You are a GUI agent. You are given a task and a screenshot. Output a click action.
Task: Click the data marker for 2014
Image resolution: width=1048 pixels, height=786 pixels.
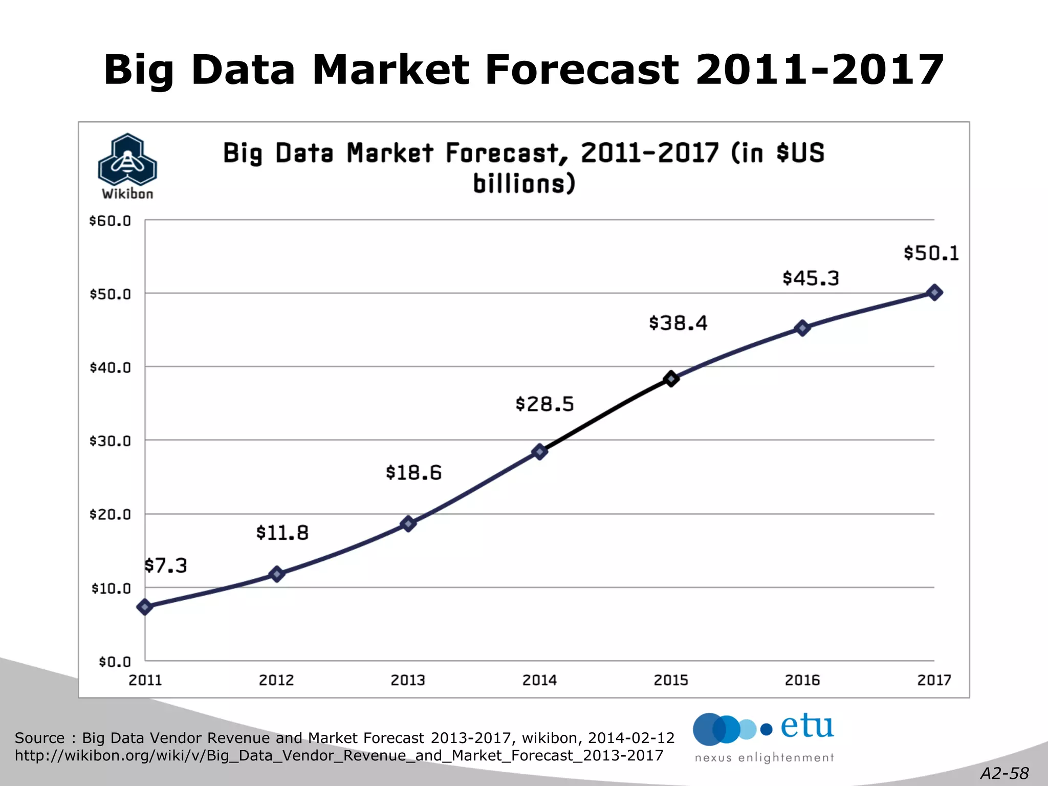(x=539, y=451)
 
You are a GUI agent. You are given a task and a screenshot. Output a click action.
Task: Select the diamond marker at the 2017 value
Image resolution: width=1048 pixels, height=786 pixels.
(x=934, y=293)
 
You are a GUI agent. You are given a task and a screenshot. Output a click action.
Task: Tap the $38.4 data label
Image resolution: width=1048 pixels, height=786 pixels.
(x=678, y=323)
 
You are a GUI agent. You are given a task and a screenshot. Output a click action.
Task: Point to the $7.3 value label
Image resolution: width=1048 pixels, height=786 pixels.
(x=165, y=565)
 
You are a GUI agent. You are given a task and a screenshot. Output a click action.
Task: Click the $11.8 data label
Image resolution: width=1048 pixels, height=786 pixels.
(x=282, y=533)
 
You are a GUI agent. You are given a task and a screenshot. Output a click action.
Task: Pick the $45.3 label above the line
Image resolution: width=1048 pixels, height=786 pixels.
(x=811, y=278)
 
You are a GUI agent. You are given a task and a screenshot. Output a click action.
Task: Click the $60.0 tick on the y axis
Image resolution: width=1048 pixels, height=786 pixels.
(x=110, y=221)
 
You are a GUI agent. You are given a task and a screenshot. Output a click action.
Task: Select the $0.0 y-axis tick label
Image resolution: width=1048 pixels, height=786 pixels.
(x=115, y=662)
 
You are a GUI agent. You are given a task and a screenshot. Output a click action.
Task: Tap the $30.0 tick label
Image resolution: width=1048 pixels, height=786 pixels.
(x=110, y=441)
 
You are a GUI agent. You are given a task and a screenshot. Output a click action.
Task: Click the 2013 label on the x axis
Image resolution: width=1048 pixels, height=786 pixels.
(x=408, y=680)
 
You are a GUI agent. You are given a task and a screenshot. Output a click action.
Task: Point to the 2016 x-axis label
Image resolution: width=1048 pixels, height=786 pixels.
(x=802, y=680)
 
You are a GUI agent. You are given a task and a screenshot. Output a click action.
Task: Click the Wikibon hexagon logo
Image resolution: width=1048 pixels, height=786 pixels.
(x=127, y=160)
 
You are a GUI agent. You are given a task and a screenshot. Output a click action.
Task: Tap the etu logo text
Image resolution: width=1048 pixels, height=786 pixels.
(x=807, y=727)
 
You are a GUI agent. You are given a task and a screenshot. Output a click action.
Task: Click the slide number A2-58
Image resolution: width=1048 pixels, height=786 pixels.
(x=1004, y=773)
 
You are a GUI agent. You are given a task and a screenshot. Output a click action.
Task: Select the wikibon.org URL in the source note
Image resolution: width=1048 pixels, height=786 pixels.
(x=339, y=756)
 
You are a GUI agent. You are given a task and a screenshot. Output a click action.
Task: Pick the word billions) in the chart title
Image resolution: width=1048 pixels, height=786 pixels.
(x=524, y=184)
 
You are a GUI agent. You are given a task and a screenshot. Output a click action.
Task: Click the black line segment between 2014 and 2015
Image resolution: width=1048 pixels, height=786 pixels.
(x=606, y=414)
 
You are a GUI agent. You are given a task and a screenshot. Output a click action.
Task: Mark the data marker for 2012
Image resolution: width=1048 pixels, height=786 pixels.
(x=277, y=574)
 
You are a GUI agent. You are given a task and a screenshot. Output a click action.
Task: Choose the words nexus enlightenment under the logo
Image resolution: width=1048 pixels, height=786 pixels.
(x=764, y=758)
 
